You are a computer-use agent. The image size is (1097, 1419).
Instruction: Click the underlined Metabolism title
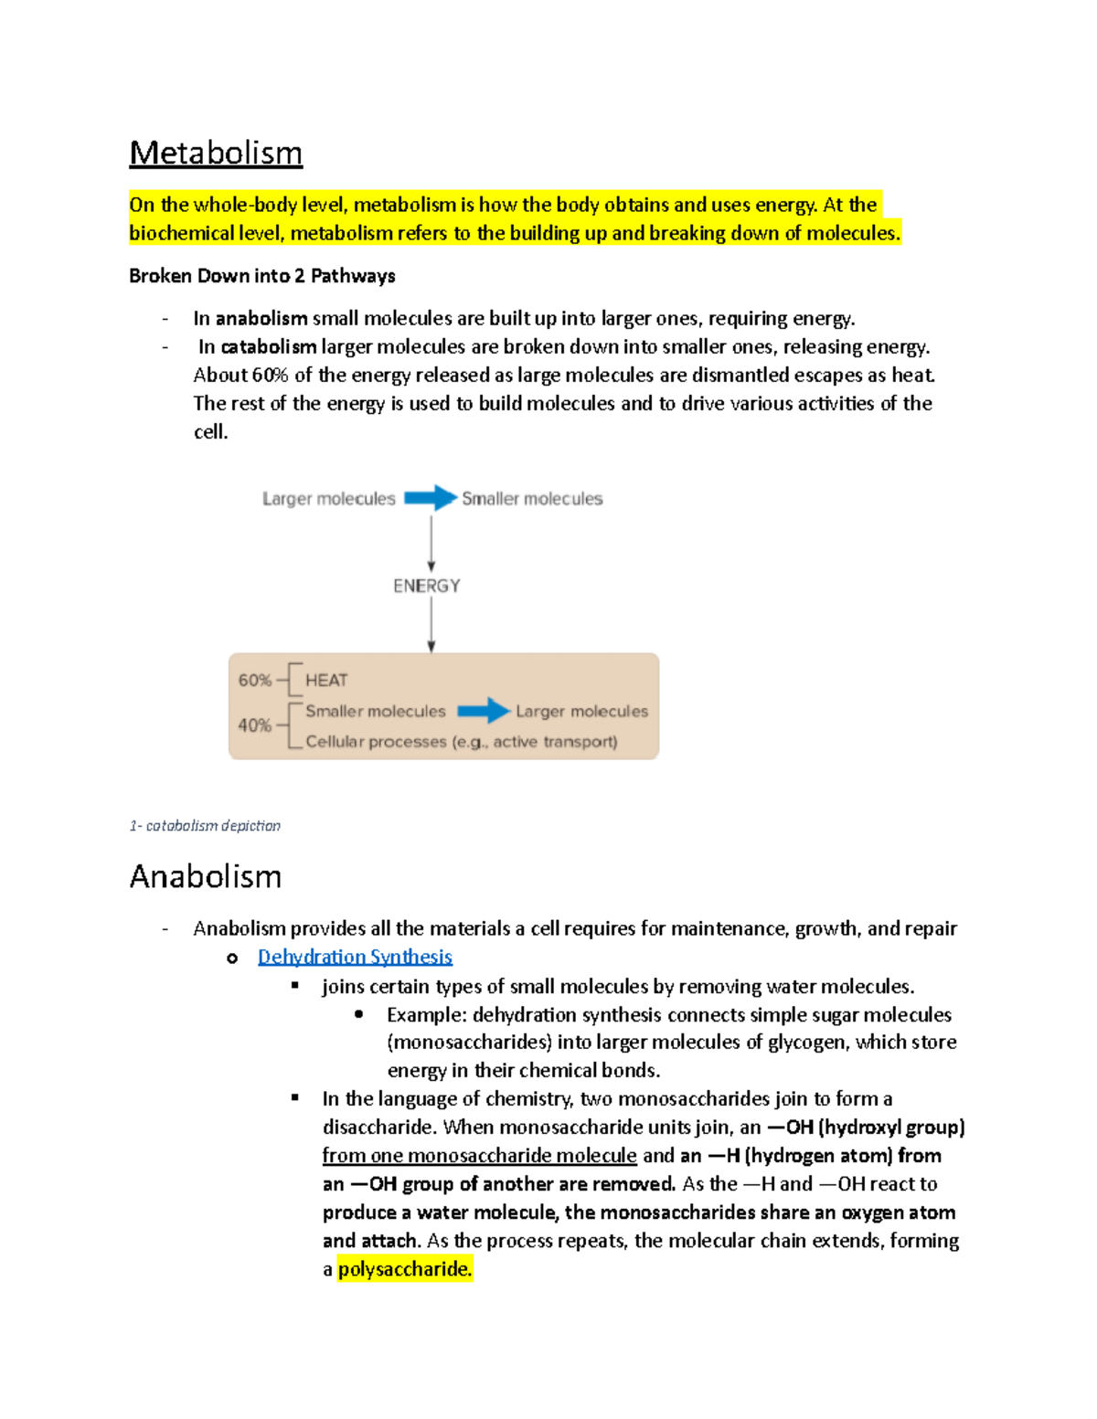pos(216,154)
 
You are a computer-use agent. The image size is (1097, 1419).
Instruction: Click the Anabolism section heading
pos(206,877)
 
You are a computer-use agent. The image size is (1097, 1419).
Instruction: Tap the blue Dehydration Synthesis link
pos(355,957)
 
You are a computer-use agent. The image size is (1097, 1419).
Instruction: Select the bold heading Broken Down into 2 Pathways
pos(262,276)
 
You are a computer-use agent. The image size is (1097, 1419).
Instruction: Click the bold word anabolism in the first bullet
pos(261,319)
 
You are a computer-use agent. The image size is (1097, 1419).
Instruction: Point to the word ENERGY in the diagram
pos(427,586)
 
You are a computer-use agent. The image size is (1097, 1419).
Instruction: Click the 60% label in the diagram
pos(254,681)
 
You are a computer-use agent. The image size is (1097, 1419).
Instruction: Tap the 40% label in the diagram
pos(254,725)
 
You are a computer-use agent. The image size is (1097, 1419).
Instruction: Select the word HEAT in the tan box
pos(326,681)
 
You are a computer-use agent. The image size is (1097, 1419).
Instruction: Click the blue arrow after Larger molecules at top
pos(430,498)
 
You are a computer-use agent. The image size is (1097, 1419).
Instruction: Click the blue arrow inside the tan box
pos(483,711)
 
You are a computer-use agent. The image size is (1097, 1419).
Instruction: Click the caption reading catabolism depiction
pos(206,826)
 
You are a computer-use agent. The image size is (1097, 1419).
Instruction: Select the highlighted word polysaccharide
pos(404,1269)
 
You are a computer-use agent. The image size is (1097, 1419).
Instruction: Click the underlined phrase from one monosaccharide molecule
pos(479,1156)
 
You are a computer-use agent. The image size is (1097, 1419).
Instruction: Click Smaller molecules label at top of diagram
pos(532,499)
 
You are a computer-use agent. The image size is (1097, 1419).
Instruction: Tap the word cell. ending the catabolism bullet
pos(210,432)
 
